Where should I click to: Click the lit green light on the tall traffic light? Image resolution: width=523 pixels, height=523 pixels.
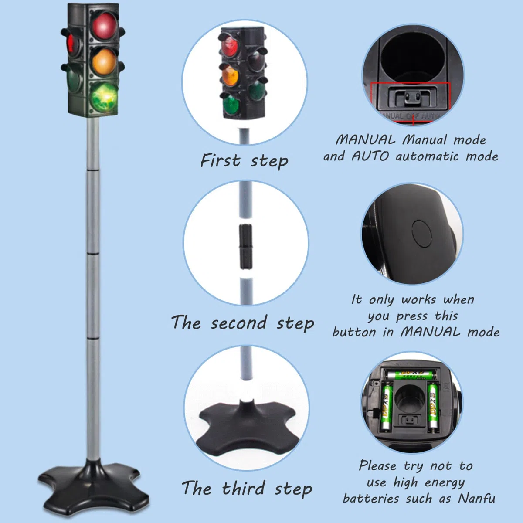(105, 97)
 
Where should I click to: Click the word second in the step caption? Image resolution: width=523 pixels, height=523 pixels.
(238, 323)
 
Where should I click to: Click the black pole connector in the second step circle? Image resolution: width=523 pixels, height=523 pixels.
(246, 246)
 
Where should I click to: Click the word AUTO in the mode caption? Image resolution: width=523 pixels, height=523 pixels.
(370, 156)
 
